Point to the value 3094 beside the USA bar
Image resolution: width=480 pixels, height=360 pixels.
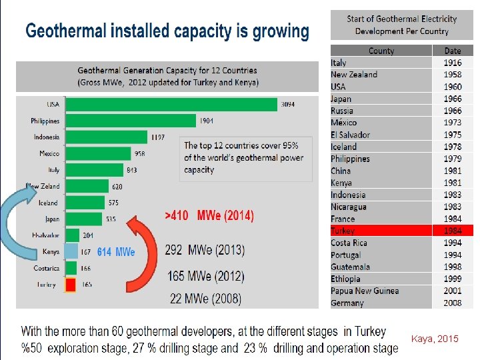tap(288, 105)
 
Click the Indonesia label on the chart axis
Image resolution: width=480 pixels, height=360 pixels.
tap(47, 137)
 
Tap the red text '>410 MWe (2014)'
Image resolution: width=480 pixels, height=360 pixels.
tap(209, 216)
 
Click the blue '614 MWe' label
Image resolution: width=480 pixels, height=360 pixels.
tap(116, 252)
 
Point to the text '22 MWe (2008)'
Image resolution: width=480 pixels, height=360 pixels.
tap(206, 299)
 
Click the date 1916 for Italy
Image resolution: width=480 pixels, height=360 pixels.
tap(453, 63)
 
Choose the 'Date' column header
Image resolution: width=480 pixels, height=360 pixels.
tap(453, 51)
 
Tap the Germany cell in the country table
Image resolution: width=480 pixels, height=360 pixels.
tap(347, 303)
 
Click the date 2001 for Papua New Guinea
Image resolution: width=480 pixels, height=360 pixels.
tap(453, 291)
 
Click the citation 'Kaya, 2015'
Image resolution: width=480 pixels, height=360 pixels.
tap(435, 339)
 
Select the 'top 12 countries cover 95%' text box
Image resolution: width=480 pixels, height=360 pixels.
tap(244, 157)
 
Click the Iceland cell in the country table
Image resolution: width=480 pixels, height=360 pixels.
tap(344, 147)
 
